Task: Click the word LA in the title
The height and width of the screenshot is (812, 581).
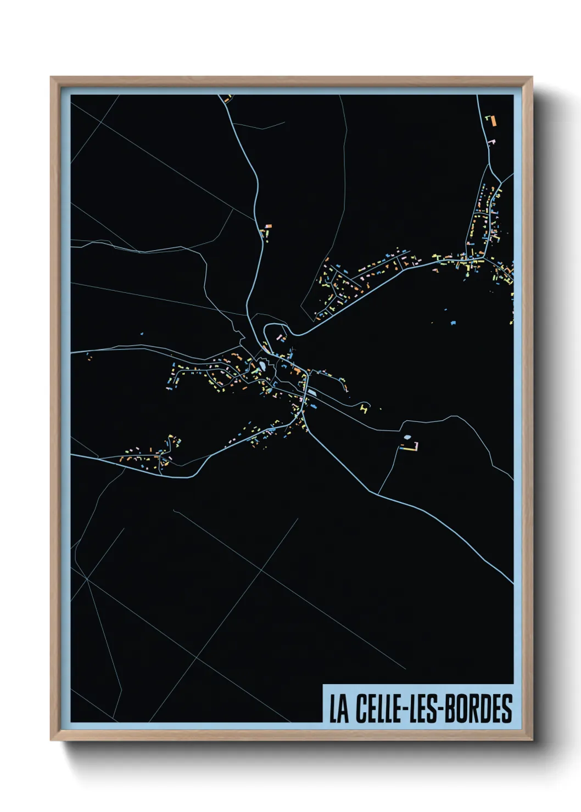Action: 339,708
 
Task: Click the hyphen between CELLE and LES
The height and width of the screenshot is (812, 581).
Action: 407,709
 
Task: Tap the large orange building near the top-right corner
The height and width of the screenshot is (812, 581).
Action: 493,120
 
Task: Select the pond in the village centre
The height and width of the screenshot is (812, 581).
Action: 262,365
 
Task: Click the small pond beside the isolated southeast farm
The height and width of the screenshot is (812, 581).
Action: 407,437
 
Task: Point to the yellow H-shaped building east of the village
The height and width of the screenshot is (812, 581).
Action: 363,408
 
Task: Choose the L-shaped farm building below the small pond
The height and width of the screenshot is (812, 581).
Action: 411,447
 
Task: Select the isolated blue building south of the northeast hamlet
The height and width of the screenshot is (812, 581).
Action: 453,323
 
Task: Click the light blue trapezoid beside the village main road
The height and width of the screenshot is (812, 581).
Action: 312,392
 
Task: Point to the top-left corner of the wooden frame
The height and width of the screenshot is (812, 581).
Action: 52,78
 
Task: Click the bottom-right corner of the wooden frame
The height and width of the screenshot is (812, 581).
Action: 531,740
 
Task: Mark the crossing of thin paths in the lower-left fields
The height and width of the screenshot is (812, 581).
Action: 87,578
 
